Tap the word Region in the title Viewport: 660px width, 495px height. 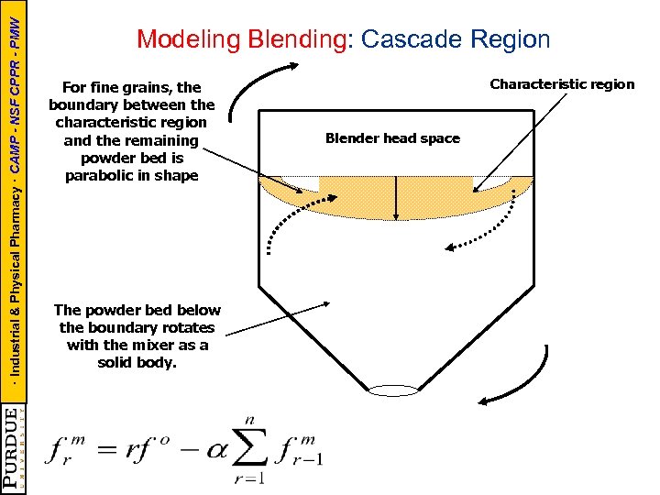point(509,39)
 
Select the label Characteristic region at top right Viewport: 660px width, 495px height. point(562,84)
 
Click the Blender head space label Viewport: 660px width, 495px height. point(392,138)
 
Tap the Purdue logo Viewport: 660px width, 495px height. point(13,449)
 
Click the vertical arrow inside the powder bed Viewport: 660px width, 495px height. point(396,194)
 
